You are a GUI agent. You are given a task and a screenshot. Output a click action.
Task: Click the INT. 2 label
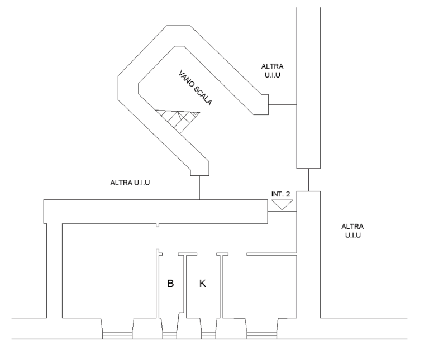point(280,194)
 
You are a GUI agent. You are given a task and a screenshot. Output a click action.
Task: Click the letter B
point(170,284)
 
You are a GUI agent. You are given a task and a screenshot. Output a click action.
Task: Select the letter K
point(203,284)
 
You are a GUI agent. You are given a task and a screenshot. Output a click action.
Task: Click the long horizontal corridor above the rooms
point(156,210)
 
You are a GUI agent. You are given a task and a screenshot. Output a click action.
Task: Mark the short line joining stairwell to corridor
point(199,186)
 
